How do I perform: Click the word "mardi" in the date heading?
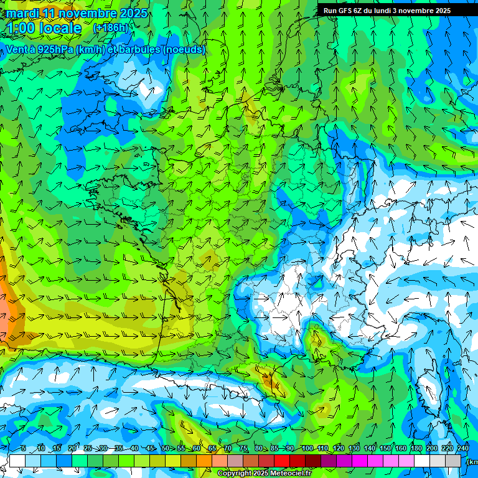tap(23, 13)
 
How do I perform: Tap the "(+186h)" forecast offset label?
tap(110, 27)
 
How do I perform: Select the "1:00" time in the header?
tap(23, 28)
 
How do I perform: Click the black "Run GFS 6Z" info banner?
tap(391, 10)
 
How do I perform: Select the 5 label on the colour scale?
tap(24, 448)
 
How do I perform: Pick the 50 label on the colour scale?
tap(165, 448)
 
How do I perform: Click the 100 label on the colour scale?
tap(307, 448)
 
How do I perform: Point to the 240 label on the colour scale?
tap(462, 448)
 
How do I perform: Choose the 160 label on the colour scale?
tap(400, 448)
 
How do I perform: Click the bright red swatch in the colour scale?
tap(282, 461)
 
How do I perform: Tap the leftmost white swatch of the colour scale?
tap(17, 461)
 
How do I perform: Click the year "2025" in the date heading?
tap(133, 13)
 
